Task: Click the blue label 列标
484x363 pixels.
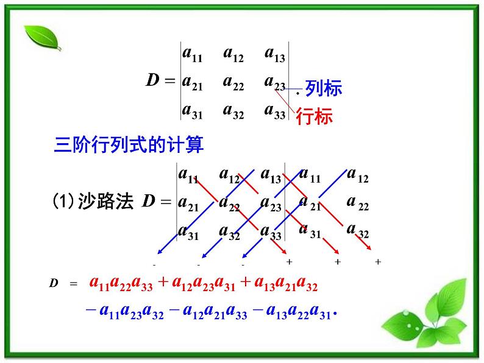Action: [x=324, y=88]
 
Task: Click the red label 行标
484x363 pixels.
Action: [x=314, y=116]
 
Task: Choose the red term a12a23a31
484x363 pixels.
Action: [x=201, y=283]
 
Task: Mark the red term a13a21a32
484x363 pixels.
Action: [x=282, y=283]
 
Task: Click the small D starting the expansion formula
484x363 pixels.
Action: [x=53, y=284]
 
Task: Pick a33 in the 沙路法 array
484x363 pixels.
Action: [x=271, y=231]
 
